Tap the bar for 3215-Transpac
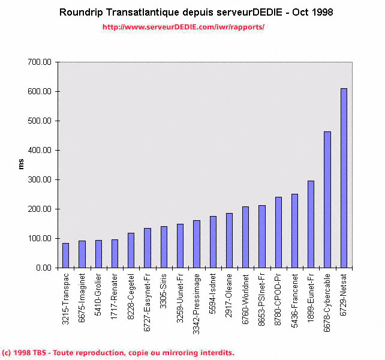pos(65,255)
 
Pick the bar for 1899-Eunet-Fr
pos(311,224)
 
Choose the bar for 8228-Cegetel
pos(131,250)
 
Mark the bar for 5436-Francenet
pos(294,230)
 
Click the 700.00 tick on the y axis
pos(40,62)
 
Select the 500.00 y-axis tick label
pos(40,121)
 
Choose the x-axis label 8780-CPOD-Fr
pos(278,297)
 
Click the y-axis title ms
pos(22,164)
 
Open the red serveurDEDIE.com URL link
pos(183,27)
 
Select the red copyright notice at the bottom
pos(118,353)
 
